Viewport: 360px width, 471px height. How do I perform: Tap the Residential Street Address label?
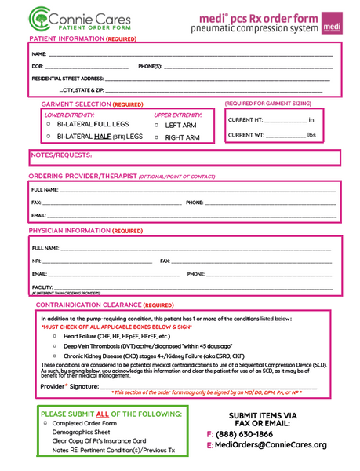pos(67,79)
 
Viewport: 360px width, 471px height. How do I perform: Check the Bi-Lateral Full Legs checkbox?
pos(49,124)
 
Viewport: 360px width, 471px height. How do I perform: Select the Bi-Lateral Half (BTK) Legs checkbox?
pos(49,137)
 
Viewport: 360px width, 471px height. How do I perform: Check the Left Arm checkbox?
pos(156,125)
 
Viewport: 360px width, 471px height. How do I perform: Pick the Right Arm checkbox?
pos(156,137)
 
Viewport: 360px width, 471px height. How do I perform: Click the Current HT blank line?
pos(286,120)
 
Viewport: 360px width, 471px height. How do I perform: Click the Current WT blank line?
pos(285,135)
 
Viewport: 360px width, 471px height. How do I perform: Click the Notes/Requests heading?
pos(60,155)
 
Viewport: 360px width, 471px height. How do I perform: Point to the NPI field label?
pos(36,261)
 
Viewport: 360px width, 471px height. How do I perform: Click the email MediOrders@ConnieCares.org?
pos(271,445)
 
